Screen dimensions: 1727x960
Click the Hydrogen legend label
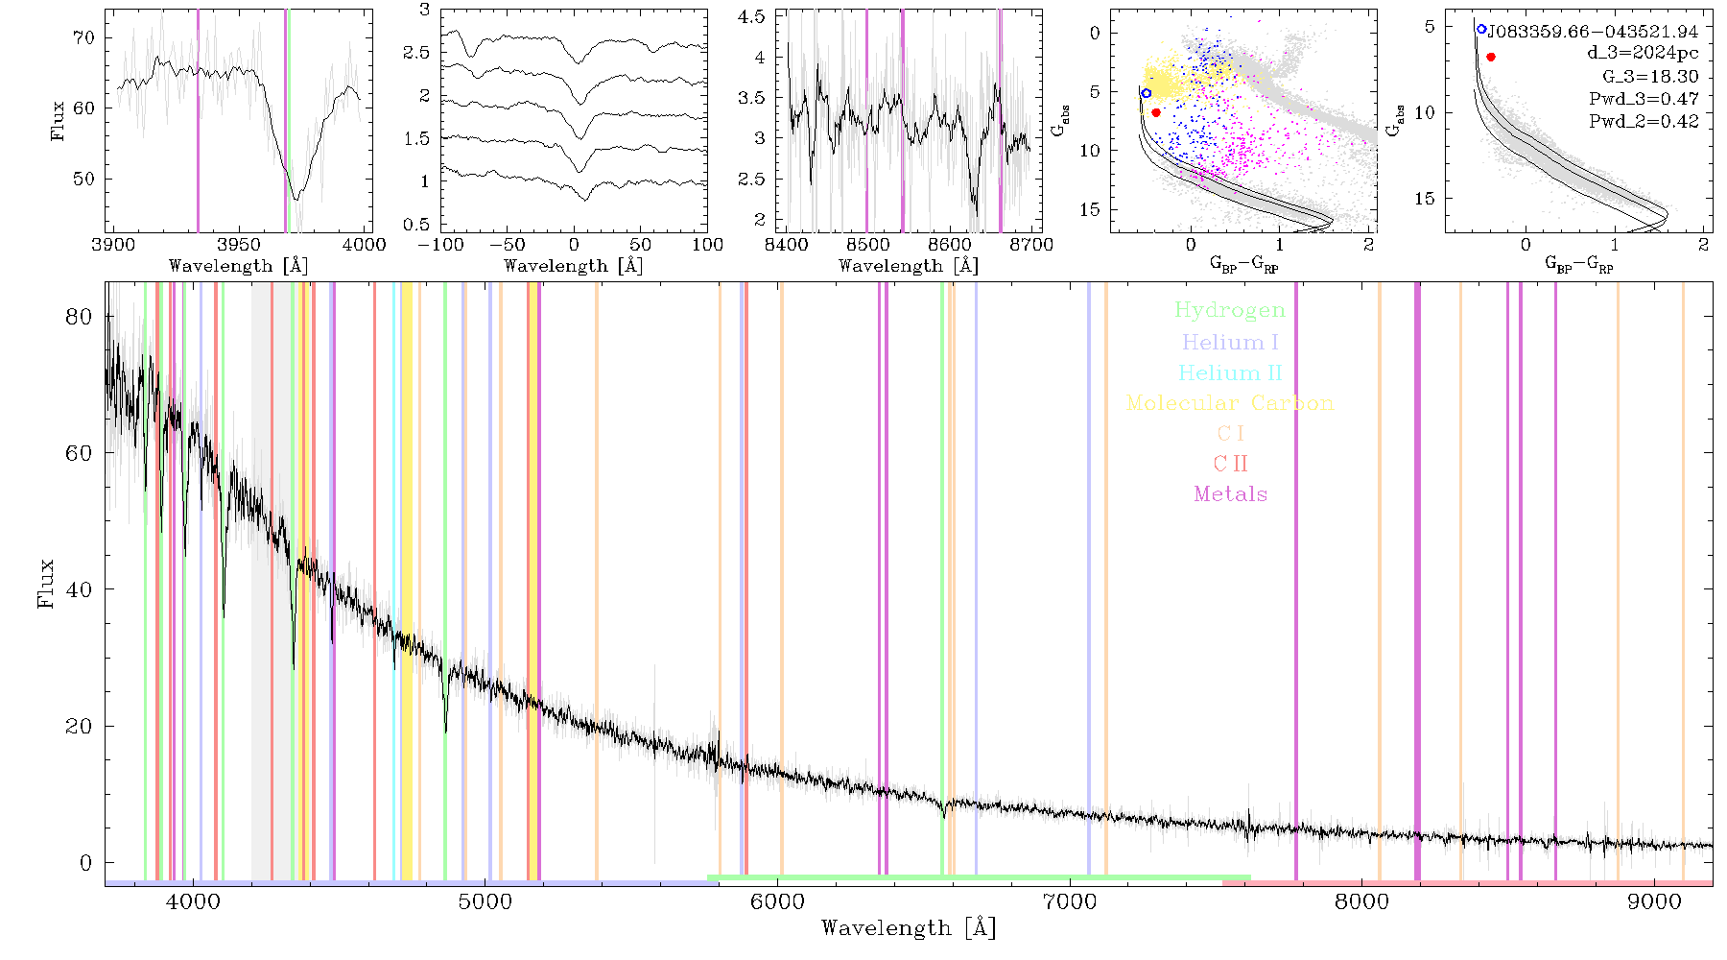click(x=1229, y=310)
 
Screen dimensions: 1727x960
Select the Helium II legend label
click(x=1230, y=372)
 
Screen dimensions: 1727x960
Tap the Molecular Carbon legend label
click(x=1230, y=403)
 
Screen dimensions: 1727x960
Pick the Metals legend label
click(x=1231, y=494)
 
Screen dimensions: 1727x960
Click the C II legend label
click(x=1230, y=464)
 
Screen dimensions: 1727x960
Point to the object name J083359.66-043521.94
click(x=1593, y=32)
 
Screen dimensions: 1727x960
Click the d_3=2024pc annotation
click(x=1643, y=54)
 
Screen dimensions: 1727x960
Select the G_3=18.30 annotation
click(x=1650, y=77)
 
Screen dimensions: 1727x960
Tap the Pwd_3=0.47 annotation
click(x=1644, y=99)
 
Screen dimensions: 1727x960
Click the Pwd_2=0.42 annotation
click(x=1644, y=122)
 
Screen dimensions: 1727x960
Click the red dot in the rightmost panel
click(x=1491, y=57)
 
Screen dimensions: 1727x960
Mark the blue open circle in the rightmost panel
click(x=1481, y=30)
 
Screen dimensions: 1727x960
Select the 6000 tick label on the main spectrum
click(x=777, y=902)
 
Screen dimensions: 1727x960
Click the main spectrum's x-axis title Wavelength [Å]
click(x=909, y=928)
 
